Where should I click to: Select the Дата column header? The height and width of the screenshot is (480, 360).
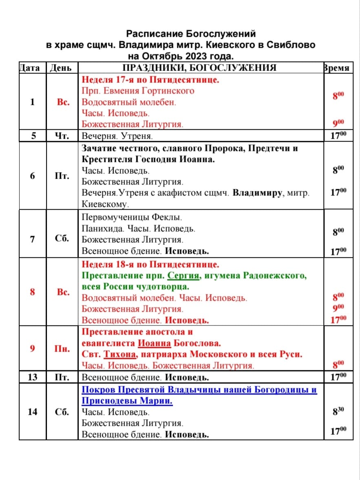pyautogui.click(x=29, y=68)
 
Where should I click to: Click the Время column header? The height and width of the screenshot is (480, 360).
pyautogui.click(x=337, y=68)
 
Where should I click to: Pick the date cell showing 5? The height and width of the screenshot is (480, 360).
pyautogui.click(x=32, y=135)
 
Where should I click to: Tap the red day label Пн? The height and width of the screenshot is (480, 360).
pyautogui.click(x=63, y=349)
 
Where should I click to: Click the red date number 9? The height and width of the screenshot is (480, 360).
pyautogui.click(x=32, y=349)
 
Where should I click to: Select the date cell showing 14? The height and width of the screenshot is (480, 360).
pyautogui.click(x=32, y=411)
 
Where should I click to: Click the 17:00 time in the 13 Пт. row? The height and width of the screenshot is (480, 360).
pyautogui.click(x=338, y=376)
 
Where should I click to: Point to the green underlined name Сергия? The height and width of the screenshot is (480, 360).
pyautogui.click(x=183, y=276)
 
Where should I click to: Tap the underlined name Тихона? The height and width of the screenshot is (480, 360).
pyautogui.click(x=119, y=354)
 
